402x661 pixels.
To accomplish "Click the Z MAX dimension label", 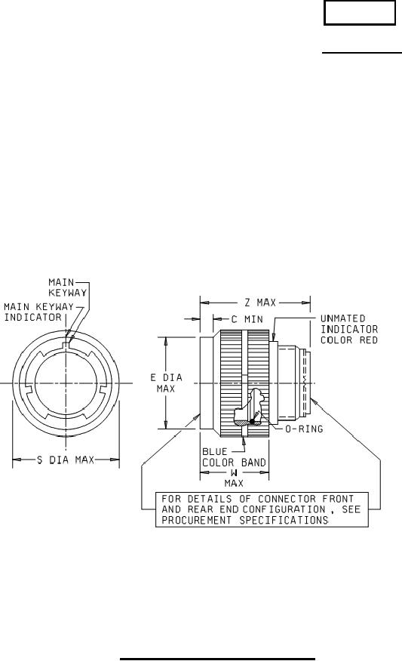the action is click(260, 303).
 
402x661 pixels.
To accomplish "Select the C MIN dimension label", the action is click(247, 319).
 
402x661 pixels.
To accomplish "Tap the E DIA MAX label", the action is click(167, 383).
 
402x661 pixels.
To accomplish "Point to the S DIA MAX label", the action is click(66, 459).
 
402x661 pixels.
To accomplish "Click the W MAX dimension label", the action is click(234, 478).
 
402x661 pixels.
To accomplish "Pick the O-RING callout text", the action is click(304, 429).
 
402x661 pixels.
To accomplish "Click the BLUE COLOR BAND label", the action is click(234, 457).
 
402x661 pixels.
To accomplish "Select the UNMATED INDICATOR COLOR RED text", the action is click(349, 329).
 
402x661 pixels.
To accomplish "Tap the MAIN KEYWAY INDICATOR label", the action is click(38, 312).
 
